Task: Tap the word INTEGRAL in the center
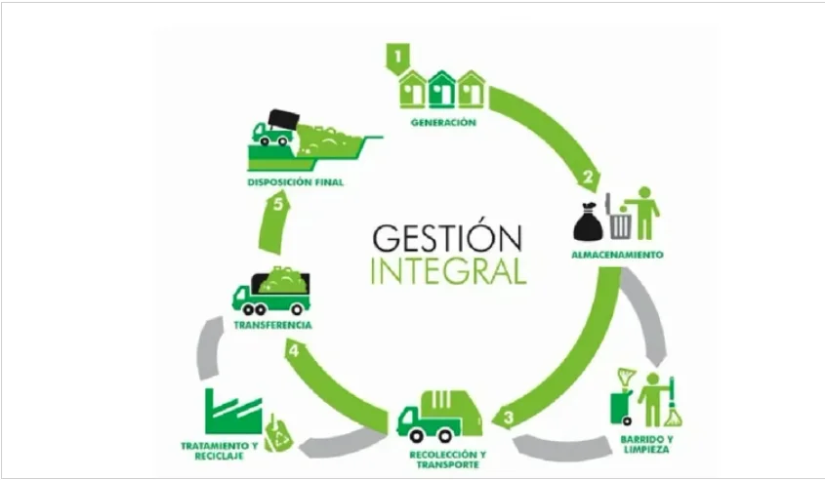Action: coord(449,270)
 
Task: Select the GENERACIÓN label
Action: coord(443,123)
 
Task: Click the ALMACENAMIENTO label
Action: coord(618,255)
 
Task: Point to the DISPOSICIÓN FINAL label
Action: coord(296,182)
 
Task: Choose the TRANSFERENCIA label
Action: coord(272,325)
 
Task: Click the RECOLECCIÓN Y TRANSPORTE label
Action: coord(448,460)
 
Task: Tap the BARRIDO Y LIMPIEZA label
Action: coord(646,445)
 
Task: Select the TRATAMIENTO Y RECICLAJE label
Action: coord(220,451)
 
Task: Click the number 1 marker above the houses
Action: coord(397,56)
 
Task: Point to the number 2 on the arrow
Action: coord(588,177)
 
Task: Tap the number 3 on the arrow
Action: coord(508,418)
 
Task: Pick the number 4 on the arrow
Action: coord(294,350)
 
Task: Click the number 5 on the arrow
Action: coord(278,204)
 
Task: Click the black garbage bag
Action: coord(588,221)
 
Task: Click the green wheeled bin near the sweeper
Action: coord(621,408)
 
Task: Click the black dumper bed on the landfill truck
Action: coord(283,120)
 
